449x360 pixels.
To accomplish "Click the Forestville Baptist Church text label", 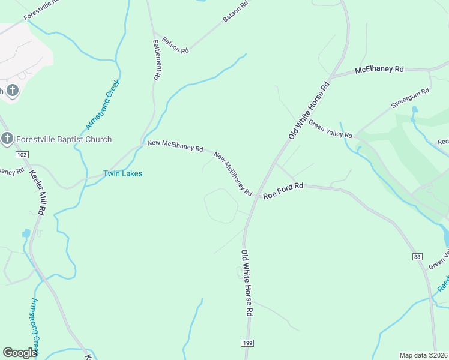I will click(64, 140).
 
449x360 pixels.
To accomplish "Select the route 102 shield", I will click(22, 155).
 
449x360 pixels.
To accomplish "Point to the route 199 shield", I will click(247, 342).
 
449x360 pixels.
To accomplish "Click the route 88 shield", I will click(417, 257).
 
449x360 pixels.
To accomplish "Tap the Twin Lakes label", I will click(122, 173).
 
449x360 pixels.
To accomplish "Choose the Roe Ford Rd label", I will click(283, 190).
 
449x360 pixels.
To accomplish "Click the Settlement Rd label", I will click(157, 60).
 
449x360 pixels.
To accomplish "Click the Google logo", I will click(20, 353).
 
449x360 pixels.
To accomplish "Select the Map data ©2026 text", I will click(424, 355).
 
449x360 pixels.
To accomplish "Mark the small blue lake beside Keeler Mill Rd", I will click(26, 233).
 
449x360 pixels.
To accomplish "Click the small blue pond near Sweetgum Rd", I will click(414, 110).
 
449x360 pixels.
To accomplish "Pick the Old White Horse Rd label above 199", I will click(247, 283).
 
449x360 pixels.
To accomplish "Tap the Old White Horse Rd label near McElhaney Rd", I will click(309, 111).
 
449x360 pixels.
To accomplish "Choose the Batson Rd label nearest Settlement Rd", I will click(175, 47).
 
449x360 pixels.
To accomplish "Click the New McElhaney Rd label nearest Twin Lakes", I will click(175, 146).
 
